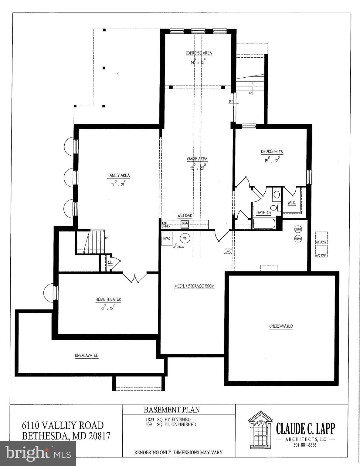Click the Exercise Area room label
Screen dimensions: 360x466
tap(199, 53)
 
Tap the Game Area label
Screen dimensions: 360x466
tap(197, 159)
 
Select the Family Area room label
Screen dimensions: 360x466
tap(119, 175)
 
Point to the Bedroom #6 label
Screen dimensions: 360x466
tap(272, 152)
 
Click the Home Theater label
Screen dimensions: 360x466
tap(108, 299)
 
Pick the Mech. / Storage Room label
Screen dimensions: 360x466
tap(194, 286)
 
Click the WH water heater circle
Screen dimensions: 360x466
tap(185, 238)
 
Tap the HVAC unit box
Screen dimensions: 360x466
tap(167, 238)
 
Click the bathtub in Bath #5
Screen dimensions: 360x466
tap(264, 224)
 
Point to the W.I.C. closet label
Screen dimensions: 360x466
tap(292, 202)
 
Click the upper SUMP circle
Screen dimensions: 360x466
tap(298, 229)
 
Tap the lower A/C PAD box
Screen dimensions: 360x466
tap(321, 251)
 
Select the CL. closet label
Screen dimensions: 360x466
tap(110, 262)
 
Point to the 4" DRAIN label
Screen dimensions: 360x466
tap(178, 247)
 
